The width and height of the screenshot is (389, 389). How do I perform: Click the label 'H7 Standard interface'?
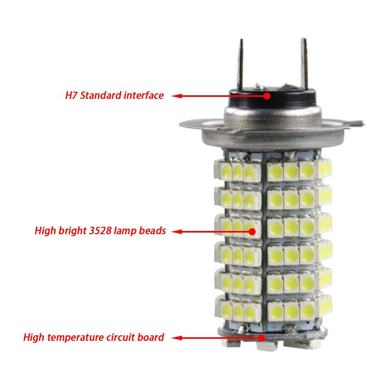pyautogui.click(x=114, y=95)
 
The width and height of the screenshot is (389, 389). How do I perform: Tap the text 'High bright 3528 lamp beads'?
pyautogui.click(x=100, y=231)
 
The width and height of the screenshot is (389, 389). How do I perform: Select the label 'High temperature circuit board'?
pyautogui.click(x=94, y=337)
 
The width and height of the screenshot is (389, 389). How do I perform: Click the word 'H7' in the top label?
pyautogui.click(x=71, y=95)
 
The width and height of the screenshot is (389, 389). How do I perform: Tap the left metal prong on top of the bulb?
pyautogui.click(x=241, y=64)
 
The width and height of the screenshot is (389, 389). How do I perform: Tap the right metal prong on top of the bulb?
pyautogui.click(x=304, y=62)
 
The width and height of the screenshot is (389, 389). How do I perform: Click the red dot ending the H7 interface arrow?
pyautogui.click(x=267, y=95)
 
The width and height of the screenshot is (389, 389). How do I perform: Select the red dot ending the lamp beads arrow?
pyautogui.click(x=252, y=231)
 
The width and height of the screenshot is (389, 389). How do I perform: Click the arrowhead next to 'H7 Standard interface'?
pyautogui.click(x=176, y=96)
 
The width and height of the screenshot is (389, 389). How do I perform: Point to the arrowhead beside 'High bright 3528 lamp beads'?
pyautogui.click(x=176, y=231)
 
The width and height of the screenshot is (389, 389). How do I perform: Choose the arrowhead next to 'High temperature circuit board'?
pyautogui.click(x=176, y=337)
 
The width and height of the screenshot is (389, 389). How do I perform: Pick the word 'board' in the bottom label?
pyautogui.click(x=151, y=337)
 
